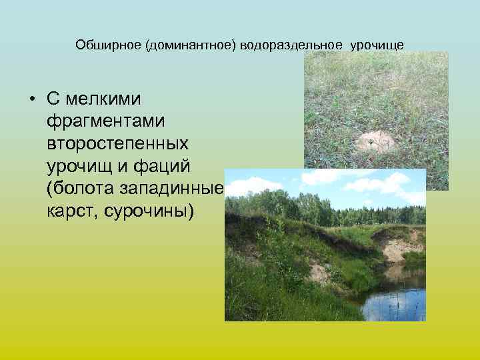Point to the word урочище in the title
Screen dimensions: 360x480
377,45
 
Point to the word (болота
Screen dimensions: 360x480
77,189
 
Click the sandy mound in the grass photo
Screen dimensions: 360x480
375,141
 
